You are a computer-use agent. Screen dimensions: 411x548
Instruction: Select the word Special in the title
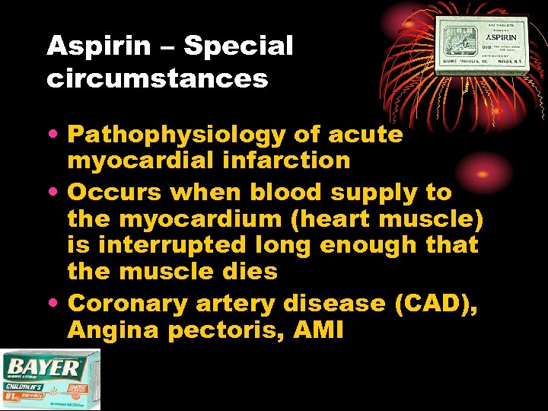[x=238, y=47]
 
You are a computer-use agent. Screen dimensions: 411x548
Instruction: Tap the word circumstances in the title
[x=158, y=78]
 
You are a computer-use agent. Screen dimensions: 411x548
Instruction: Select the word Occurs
[x=112, y=193]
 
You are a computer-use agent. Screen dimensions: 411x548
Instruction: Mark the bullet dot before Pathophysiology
[x=56, y=135]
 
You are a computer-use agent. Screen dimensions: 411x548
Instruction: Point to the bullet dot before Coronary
[x=56, y=304]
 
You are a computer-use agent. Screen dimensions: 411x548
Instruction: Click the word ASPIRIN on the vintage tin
[x=502, y=37]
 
